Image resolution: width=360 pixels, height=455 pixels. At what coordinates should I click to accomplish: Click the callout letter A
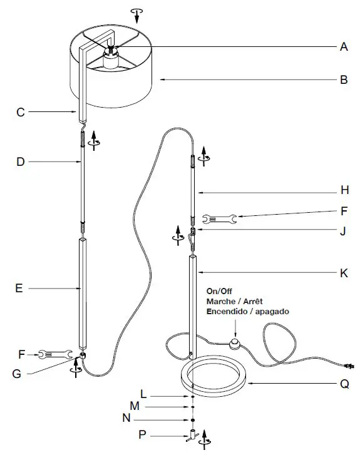343,46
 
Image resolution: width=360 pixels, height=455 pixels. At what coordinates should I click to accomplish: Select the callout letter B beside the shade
343,79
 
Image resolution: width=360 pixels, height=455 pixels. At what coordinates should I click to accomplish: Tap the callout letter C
20,113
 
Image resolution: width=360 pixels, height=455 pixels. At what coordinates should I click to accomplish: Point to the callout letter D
20,162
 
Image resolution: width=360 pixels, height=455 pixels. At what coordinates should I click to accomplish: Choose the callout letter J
343,230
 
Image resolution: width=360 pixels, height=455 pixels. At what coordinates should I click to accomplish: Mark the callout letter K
343,273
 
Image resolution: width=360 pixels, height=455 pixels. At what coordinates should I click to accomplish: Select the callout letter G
18,374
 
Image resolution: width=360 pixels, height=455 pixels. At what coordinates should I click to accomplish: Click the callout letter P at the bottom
142,432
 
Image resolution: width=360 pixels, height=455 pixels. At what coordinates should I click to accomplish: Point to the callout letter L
143,396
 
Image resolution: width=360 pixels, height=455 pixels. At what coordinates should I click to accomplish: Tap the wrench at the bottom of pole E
53,354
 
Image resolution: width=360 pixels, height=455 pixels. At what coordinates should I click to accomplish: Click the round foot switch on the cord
235,343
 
